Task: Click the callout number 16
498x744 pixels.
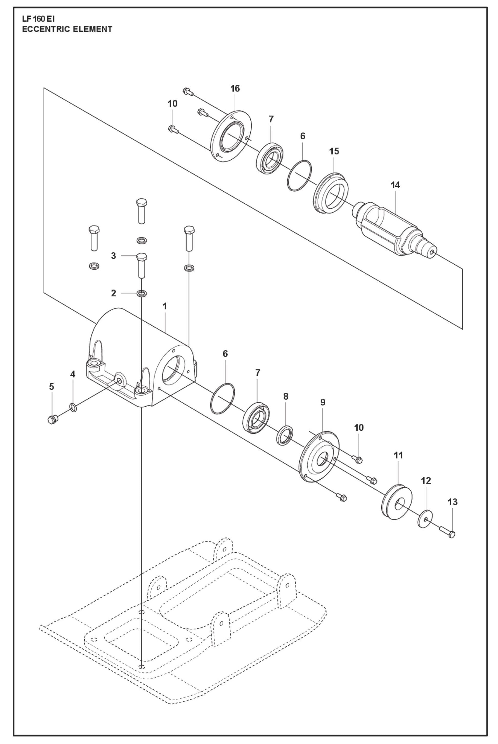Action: click(235, 89)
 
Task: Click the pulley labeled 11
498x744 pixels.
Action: click(396, 502)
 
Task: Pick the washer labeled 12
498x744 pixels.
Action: click(425, 519)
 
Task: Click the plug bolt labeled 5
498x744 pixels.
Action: click(52, 420)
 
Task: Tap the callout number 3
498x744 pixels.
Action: click(113, 256)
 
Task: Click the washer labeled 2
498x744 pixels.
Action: click(142, 293)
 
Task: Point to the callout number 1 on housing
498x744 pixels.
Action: click(165, 306)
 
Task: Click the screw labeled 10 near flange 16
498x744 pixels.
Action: click(173, 129)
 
